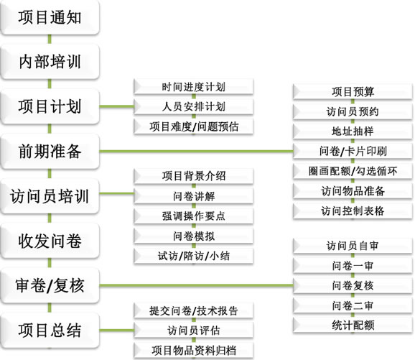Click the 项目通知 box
[x=50, y=17]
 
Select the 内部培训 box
[x=50, y=62]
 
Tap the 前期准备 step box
[x=50, y=152]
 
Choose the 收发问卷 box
[x=50, y=241]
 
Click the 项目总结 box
[x=50, y=331]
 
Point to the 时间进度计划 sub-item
[x=193, y=87]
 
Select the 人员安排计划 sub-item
[x=193, y=106]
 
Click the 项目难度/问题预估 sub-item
[x=193, y=126]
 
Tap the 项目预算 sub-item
[x=353, y=92]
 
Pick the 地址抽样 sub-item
[x=353, y=131]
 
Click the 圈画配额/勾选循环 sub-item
[x=353, y=171]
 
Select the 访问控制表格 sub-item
[x=353, y=211]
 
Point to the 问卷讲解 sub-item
[x=193, y=196]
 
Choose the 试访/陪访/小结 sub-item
[x=193, y=256]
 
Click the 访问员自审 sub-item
[x=353, y=246]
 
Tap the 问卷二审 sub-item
[x=353, y=305]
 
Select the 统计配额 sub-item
[x=353, y=326]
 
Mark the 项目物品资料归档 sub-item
[x=193, y=350]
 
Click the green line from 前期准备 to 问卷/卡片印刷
[x=197, y=152]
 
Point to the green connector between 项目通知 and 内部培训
[x=50, y=40]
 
